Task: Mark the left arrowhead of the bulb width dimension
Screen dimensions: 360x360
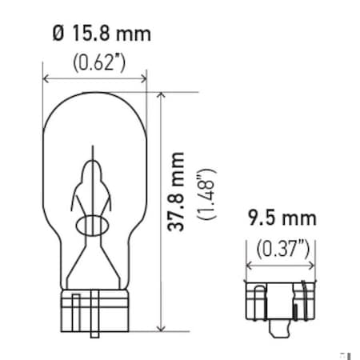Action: [46, 79]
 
